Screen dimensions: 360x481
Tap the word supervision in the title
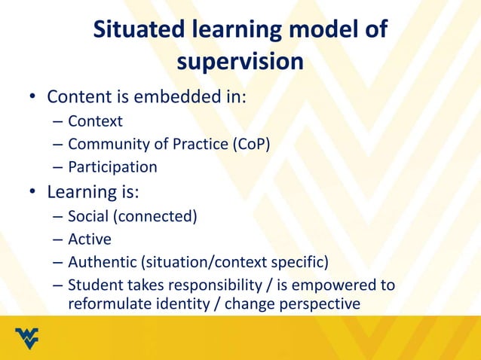[240, 63]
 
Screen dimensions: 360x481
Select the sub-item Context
[95, 121]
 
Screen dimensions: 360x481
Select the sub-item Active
[89, 239]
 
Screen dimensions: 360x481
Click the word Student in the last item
[93, 286]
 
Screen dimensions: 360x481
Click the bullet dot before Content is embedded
[33, 98]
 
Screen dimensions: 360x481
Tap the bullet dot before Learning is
[33, 193]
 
